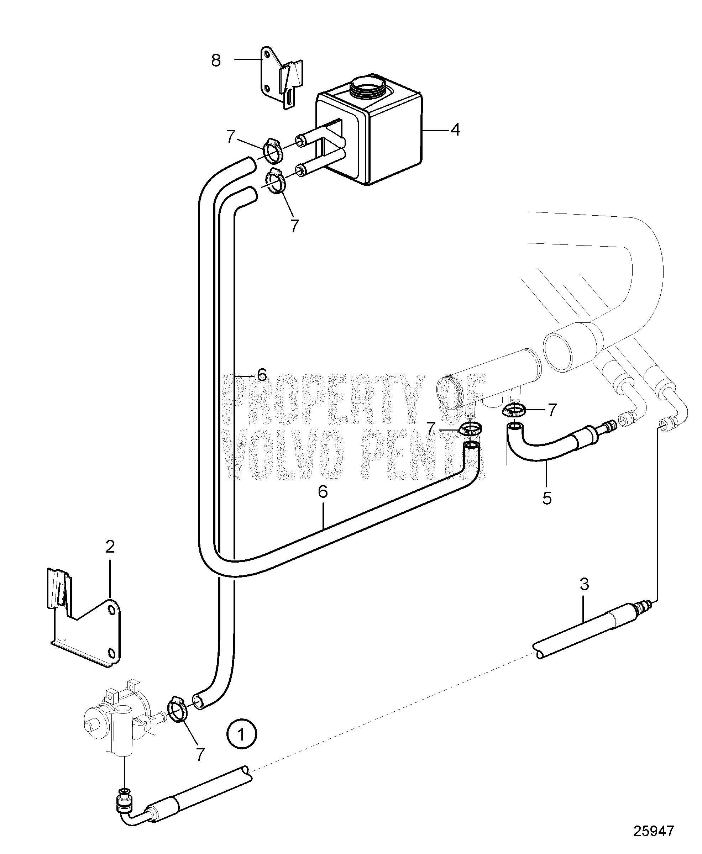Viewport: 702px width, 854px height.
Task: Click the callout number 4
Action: coord(455,130)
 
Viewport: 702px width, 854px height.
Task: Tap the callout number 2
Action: coord(110,547)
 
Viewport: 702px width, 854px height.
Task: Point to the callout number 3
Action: coord(584,584)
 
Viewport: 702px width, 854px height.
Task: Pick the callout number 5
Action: coord(547,498)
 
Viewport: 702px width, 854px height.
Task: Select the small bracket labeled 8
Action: coord(281,83)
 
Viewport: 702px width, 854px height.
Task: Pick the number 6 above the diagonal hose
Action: coord(323,492)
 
